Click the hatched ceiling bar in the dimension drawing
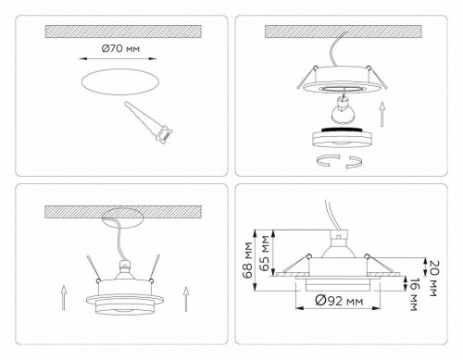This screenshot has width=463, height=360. [x=348, y=208]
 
